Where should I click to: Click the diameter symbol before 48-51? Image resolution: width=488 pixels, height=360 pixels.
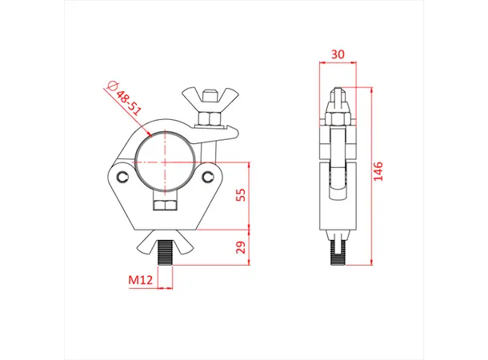click(111, 87)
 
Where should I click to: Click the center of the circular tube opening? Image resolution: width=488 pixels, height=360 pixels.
click(166, 158)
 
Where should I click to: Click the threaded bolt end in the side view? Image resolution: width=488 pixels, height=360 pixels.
click(337, 249)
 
